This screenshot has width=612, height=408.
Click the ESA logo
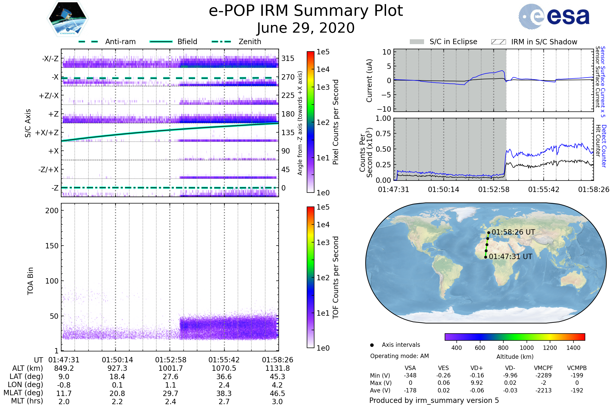[554, 17]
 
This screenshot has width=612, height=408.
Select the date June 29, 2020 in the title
[306, 28]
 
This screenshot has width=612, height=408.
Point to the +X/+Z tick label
[47, 133]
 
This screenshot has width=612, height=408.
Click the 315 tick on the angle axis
[288, 58]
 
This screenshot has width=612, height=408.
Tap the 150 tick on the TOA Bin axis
[52, 246]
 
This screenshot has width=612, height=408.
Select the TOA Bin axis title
[30, 281]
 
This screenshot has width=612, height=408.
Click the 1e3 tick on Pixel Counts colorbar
[323, 87]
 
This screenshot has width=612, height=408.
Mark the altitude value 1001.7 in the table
[171, 368]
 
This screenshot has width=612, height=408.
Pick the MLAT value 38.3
[224, 393]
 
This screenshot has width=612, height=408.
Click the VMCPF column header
[543, 368]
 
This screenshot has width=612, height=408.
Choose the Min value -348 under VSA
[410, 375]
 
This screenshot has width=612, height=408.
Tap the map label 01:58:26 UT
[513, 232]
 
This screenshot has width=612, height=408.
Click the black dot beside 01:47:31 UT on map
[486, 257]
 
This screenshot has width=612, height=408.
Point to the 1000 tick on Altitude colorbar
[527, 348]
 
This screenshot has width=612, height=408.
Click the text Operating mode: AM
[399, 356]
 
